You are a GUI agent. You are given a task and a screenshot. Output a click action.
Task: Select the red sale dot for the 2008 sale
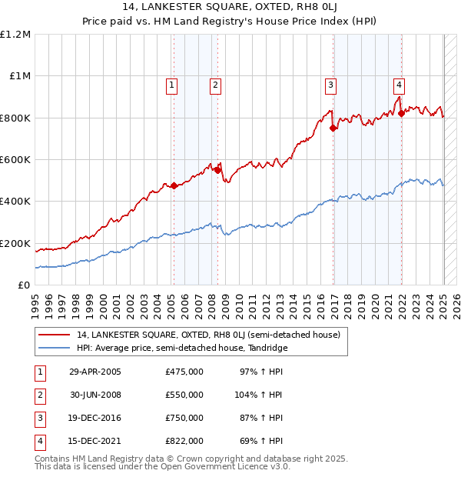(x=218, y=170)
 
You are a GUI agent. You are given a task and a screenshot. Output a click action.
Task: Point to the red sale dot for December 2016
(x=333, y=128)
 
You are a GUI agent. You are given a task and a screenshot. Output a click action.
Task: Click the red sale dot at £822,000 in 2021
(x=401, y=113)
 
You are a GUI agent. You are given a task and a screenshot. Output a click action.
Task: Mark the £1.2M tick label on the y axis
(x=15, y=35)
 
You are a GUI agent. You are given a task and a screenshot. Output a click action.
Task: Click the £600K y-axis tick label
(x=15, y=160)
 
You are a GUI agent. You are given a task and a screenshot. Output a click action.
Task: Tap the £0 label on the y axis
(x=23, y=285)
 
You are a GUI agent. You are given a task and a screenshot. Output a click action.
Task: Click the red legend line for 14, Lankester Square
(x=54, y=335)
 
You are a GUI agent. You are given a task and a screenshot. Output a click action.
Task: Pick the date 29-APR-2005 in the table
(x=95, y=372)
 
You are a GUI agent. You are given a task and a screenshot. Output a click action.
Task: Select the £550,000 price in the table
(x=184, y=395)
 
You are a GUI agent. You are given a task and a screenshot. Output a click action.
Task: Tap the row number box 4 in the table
(x=38, y=441)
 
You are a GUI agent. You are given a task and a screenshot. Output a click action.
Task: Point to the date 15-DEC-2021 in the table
(x=95, y=441)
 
